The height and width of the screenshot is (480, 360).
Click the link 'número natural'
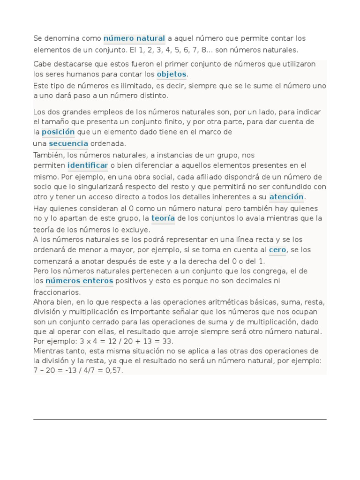134,38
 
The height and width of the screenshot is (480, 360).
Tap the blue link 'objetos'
172,74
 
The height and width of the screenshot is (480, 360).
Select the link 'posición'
58,132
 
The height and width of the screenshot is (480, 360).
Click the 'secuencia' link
68,143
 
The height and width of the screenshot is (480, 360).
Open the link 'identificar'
88,165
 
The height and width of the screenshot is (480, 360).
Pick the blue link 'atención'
286,197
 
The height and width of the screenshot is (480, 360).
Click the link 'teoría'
163,218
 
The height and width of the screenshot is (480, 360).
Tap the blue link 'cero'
277,250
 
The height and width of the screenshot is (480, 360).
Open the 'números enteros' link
79,281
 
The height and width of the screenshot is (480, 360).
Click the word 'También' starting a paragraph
49,155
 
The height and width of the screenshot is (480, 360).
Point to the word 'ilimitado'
150,86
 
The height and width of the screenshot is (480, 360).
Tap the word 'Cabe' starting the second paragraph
41,64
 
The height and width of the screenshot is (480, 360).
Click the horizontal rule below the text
180,420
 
